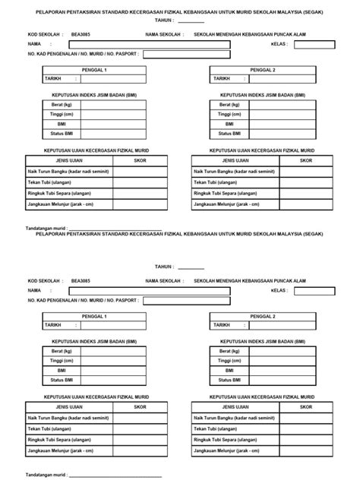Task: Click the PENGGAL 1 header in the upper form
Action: (94, 70)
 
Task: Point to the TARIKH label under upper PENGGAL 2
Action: (221, 78)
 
